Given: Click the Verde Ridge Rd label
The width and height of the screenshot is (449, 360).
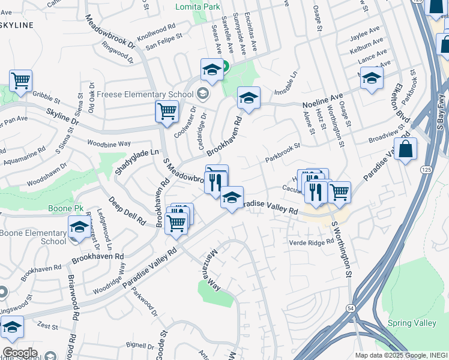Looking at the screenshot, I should (311, 242).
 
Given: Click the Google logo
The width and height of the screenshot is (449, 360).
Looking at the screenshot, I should (20, 353).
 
